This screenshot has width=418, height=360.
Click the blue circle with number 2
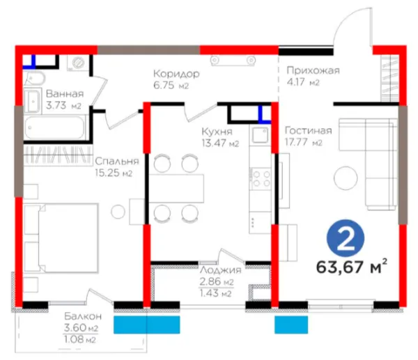[x=346, y=238]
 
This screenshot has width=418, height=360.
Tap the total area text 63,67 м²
[x=352, y=267]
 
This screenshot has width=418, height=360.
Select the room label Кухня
[x=217, y=132]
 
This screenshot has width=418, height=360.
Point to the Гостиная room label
[x=309, y=131]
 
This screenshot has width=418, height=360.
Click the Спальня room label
[x=117, y=162]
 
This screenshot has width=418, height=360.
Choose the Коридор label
[x=176, y=74]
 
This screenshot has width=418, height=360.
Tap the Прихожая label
[x=313, y=70]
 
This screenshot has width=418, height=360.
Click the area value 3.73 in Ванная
[x=56, y=106]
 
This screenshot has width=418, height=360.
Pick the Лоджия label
[x=220, y=270]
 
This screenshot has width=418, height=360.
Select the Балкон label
[x=83, y=316]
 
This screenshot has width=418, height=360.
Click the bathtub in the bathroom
[x=54, y=127]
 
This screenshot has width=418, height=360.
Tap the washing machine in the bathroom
[x=77, y=63]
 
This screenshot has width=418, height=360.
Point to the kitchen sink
[x=260, y=135]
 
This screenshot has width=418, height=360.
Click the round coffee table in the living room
[x=346, y=178]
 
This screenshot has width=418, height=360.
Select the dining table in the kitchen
[x=176, y=189]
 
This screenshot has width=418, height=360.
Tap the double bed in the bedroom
[x=61, y=238]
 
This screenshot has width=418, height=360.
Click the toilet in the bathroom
[x=35, y=79]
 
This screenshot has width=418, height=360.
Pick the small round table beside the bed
[x=118, y=212]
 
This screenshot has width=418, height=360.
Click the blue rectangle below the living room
[x=291, y=324]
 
